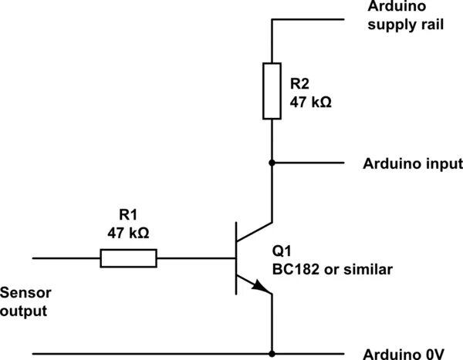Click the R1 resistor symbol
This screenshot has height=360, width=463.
coord(128,258)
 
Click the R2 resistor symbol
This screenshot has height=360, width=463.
coord(272,92)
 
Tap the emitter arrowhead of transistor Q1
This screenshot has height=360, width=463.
coord(262,289)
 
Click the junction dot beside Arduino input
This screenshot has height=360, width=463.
coord(272,163)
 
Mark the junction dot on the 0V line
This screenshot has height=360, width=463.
coord(272,355)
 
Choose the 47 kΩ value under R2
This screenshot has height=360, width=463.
coord(311,103)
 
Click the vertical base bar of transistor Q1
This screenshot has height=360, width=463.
coord(235,258)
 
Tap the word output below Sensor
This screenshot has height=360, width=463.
coord(23,311)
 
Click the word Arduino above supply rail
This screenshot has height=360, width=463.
coord(394,6)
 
